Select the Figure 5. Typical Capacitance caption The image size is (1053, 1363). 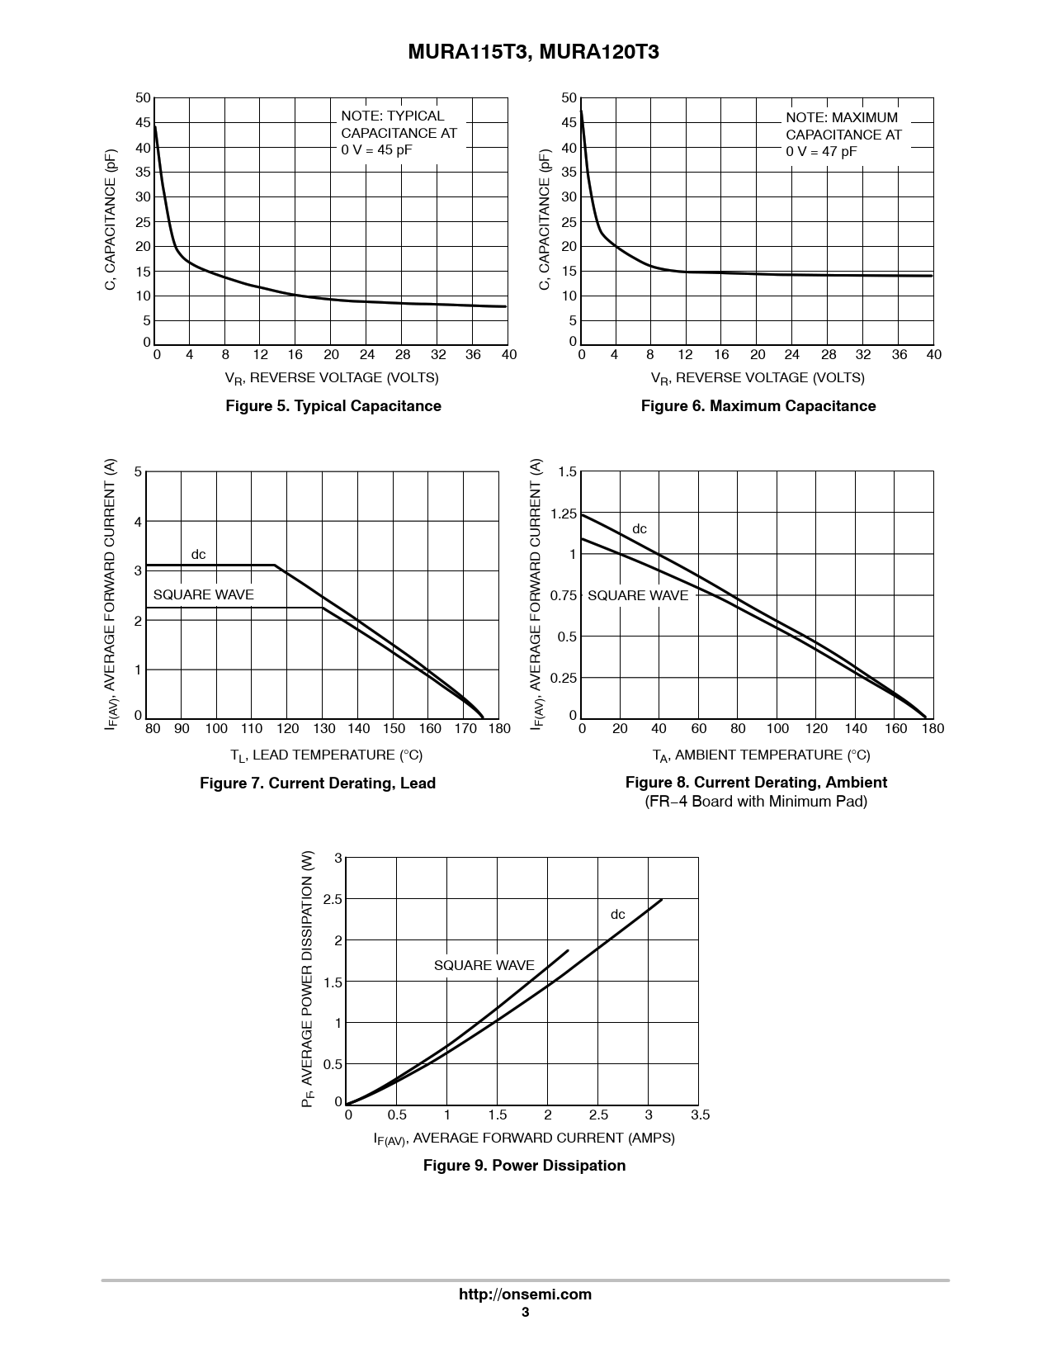(x=333, y=405)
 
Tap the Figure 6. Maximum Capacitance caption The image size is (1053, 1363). (x=758, y=405)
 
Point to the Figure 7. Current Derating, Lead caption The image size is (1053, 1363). (x=318, y=783)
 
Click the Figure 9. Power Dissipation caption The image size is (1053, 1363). (x=524, y=1165)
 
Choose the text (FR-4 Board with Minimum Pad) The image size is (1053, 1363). (x=756, y=801)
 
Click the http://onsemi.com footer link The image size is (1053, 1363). (x=525, y=1294)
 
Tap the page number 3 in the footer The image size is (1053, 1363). (x=525, y=1312)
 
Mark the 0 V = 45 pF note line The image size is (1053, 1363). (x=376, y=149)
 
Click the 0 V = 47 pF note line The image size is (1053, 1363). (x=821, y=151)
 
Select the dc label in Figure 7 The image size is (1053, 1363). (x=198, y=555)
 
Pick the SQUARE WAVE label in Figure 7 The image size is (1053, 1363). (x=204, y=594)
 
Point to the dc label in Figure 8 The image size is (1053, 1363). (x=640, y=529)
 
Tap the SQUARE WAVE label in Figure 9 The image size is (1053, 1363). (x=484, y=965)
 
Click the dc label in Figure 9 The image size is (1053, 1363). (x=617, y=915)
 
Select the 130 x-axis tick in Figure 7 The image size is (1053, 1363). (x=323, y=728)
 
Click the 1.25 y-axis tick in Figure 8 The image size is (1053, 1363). (x=563, y=513)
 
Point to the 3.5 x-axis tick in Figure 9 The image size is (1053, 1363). (x=700, y=1115)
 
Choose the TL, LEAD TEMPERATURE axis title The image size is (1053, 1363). (x=326, y=755)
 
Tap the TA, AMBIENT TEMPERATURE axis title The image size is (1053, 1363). (x=761, y=755)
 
